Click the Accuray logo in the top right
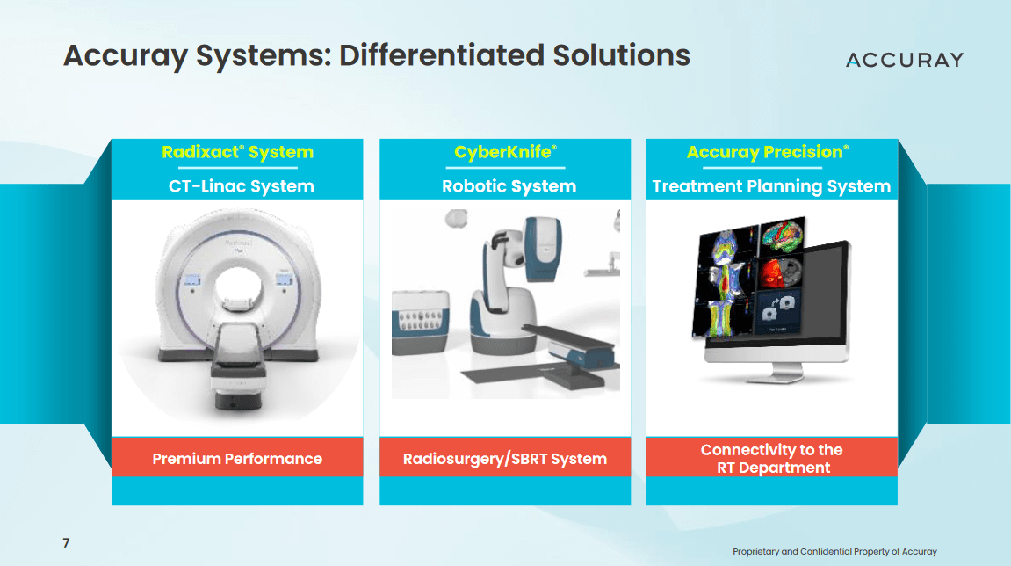[x=904, y=60]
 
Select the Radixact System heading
[x=237, y=152]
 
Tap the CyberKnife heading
[x=505, y=152]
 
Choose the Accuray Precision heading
[x=767, y=152]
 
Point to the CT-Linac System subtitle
[x=241, y=186]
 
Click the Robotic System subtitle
[x=509, y=186]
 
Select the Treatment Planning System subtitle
[x=771, y=186]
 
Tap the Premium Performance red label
[x=237, y=459]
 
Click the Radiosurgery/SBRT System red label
[x=505, y=459]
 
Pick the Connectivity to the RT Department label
[x=771, y=459]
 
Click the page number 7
[x=66, y=543]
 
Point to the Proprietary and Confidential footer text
[x=834, y=552]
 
